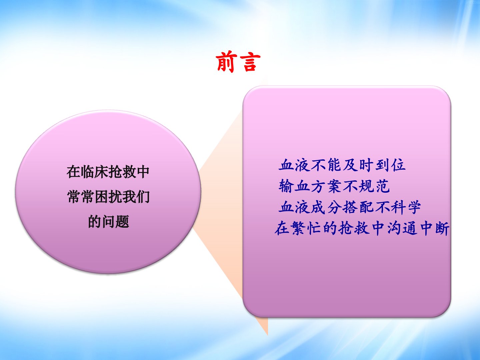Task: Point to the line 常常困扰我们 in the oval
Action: pyautogui.click(x=108, y=197)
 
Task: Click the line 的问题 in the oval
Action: pyautogui.click(x=108, y=222)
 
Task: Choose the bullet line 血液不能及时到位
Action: pyautogui.click(x=342, y=165)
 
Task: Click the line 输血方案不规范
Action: pyautogui.click(x=334, y=186)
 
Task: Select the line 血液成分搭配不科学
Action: pyautogui.click(x=350, y=207)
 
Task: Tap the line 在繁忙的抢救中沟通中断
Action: pyautogui.click(x=362, y=228)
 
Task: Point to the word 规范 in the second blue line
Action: pyautogui.click(x=374, y=186)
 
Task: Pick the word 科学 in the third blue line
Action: pyautogui.click(x=406, y=207)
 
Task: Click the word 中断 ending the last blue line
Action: pyautogui.click(x=435, y=228)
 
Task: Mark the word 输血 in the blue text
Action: pyautogui.click(x=294, y=186)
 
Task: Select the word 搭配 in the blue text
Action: pyautogui.click(x=358, y=207)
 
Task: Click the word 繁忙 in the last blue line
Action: pyautogui.click(x=306, y=228)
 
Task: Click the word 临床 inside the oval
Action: pyautogui.click(x=94, y=172)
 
